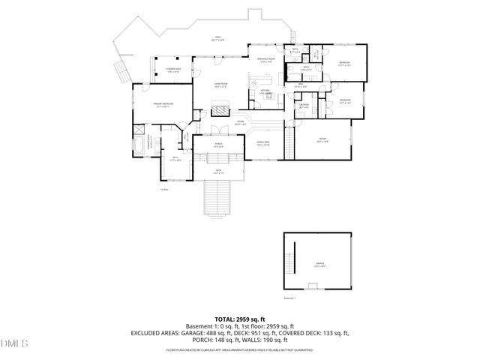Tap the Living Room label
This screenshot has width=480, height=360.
220,85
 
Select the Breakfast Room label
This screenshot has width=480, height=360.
265,61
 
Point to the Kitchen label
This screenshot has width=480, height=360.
265,91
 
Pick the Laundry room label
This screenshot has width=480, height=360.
304,106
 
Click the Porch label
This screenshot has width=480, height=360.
218,145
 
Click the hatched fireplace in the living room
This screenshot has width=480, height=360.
220,112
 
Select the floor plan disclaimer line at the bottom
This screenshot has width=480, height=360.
239,349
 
